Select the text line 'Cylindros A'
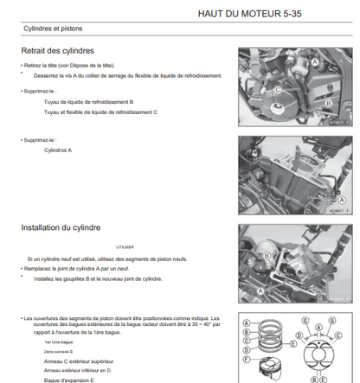tap(58, 150)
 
